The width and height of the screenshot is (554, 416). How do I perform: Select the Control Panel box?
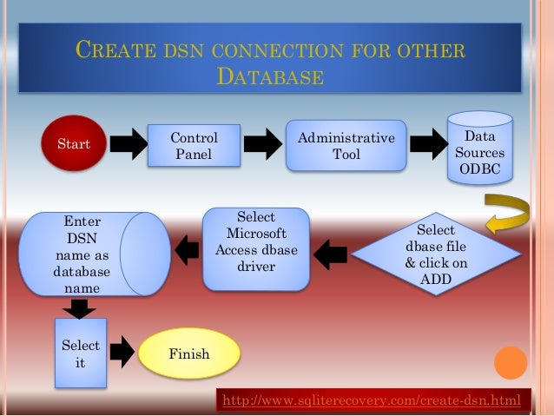[194, 146]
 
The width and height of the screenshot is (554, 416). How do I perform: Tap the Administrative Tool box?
[346, 146]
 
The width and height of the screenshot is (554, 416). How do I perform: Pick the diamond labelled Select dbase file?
[436, 253]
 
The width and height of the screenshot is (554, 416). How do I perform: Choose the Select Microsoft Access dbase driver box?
[255, 248]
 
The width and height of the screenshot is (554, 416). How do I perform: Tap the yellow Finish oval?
[189, 353]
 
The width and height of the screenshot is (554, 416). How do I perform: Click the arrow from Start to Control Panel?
[129, 145]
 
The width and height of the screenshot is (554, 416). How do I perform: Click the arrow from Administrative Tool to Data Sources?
[428, 145]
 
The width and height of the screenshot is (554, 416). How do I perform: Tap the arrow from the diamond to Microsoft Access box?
[330, 254]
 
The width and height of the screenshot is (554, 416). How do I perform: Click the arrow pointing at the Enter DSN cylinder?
[186, 250]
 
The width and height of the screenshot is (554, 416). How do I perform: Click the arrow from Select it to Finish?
[122, 351]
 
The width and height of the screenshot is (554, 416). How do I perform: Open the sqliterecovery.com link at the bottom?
[372, 400]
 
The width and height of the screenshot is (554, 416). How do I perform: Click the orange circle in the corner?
[511, 363]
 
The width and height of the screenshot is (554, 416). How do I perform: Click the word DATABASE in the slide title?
[269, 76]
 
